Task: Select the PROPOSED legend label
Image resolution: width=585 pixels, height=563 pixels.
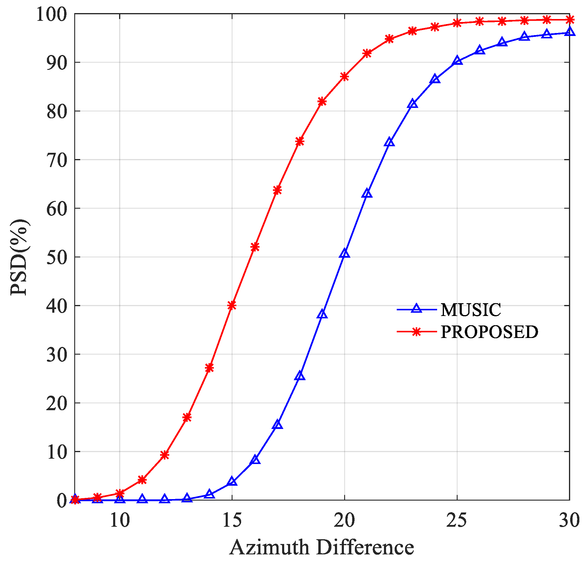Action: (489, 332)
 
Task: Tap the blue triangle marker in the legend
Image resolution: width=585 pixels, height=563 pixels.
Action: (416, 309)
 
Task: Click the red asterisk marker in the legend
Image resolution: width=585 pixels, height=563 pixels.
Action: (416, 331)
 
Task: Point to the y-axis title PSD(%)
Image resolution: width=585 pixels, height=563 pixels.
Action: (19, 257)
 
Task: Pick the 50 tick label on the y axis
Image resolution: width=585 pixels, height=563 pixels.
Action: (57, 257)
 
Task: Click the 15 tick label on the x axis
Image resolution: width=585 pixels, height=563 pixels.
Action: (232, 520)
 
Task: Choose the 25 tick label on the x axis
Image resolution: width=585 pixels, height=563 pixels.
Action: (457, 520)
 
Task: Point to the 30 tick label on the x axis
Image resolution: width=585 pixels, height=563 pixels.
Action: (569, 520)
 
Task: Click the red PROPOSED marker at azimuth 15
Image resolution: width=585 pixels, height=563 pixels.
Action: (232, 305)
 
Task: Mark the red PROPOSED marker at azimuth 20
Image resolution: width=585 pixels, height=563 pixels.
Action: (344, 77)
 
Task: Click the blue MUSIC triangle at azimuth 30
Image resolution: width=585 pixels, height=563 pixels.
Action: (570, 32)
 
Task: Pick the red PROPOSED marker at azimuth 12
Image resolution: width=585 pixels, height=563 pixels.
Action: (165, 455)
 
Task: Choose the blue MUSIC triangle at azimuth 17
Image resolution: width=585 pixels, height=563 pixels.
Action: (278, 425)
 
